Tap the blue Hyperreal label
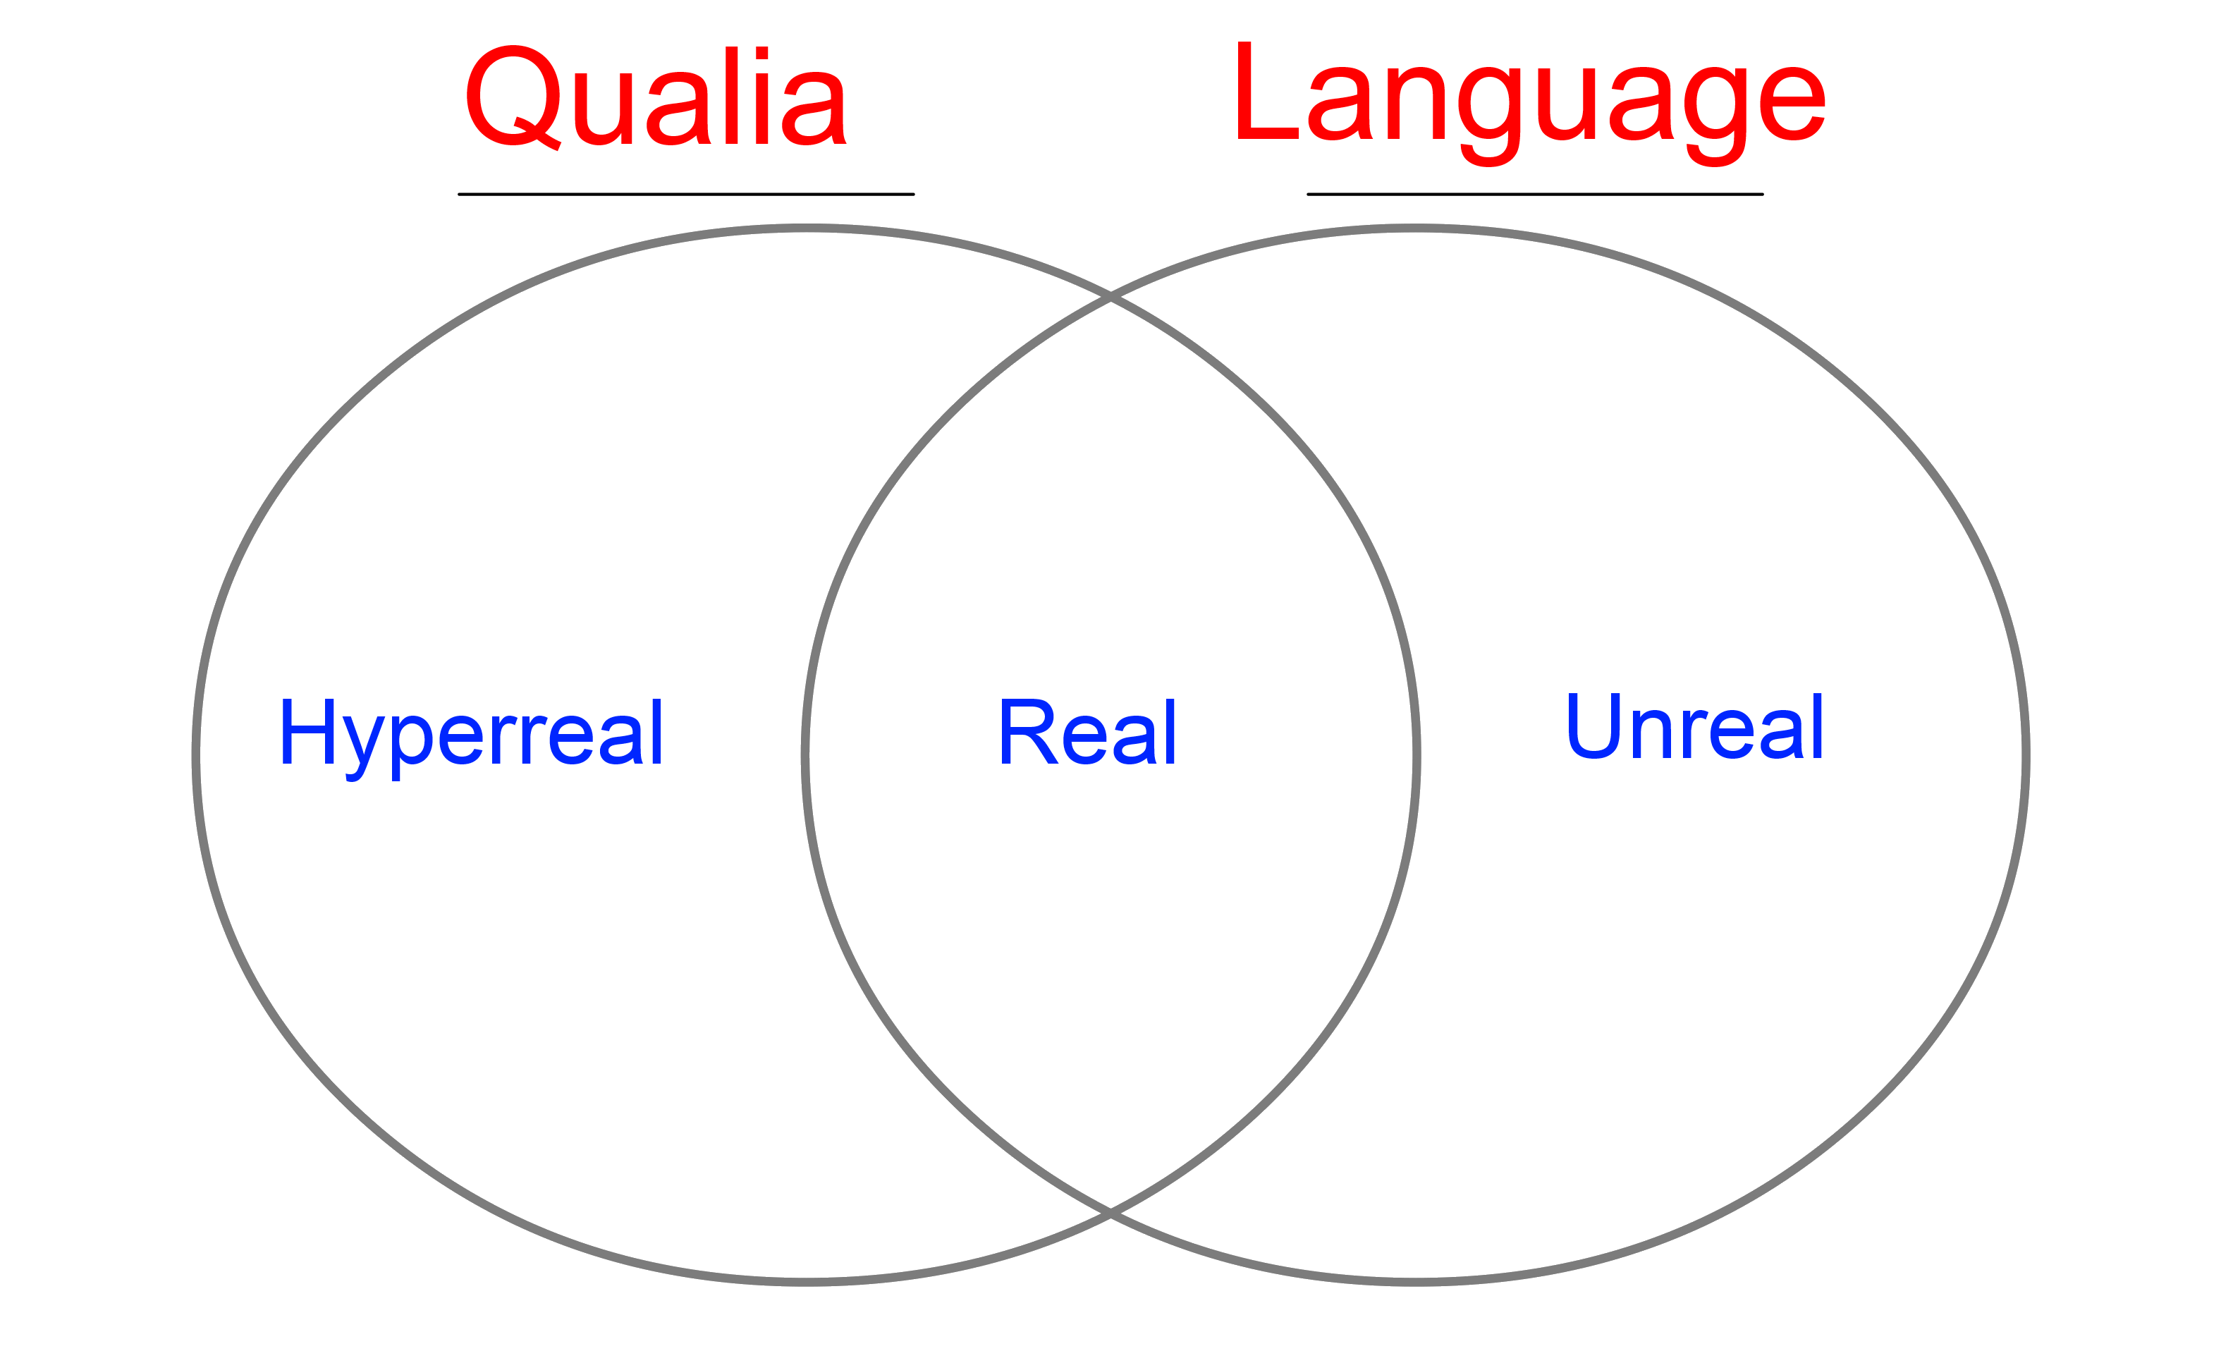pyautogui.click(x=472, y=733)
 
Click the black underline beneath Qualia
pyautogui.click(x=686, y=194)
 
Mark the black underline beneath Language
pyautogui.click(x=1534, y=194)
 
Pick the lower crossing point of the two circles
pyautogui.click(x=1110, y=1214)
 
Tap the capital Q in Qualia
pyautogui.click(x=513, y=96)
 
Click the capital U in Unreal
pyautogui.click(x=1593, y=726)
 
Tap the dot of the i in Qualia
pyautogui.click(x=761, y=52)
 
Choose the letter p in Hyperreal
pyautogui.click(x=411, y=745)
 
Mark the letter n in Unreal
pyautogui.click(x=1651, y=735)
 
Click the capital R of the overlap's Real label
pyautogui.click(x=1027, y=731)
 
